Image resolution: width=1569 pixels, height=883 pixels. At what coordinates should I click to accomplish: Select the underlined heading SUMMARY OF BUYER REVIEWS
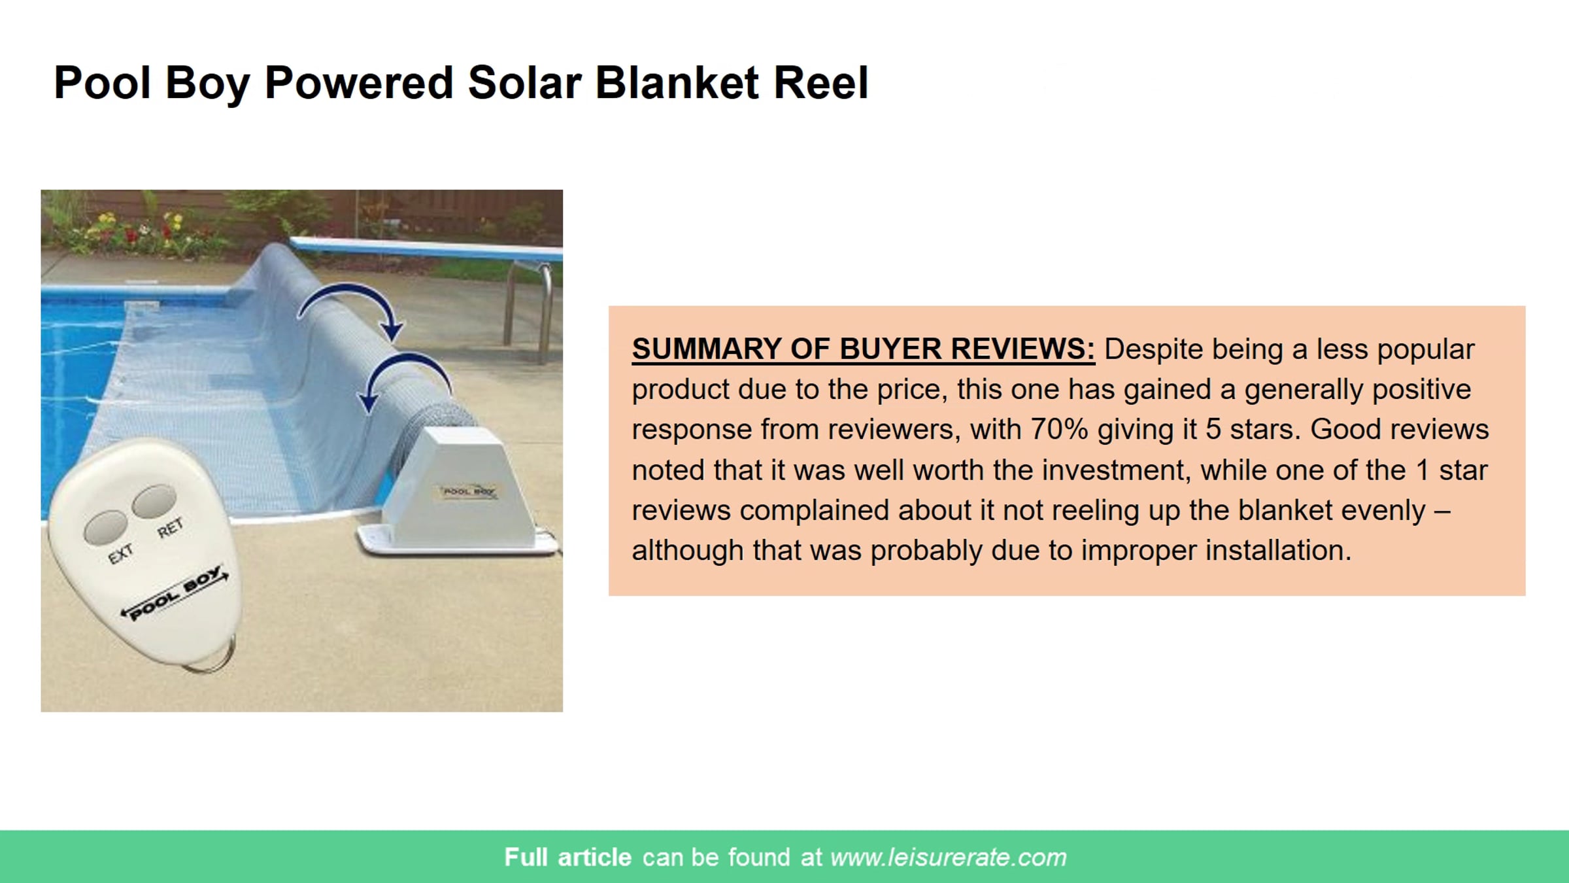tap(863, 349)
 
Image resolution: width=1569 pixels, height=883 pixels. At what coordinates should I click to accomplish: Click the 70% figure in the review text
tap(1059, 429)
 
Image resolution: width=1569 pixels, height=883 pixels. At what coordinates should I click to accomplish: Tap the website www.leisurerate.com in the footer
tap(948, 857)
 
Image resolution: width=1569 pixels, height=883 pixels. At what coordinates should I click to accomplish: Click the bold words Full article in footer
tap(567, 857)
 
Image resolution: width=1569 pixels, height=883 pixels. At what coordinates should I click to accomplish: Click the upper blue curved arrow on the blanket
tap(353, 307)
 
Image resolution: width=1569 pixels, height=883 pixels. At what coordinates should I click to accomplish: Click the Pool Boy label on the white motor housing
tap(468, 491)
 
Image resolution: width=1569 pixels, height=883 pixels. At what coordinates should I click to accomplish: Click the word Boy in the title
tap(207, 83)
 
